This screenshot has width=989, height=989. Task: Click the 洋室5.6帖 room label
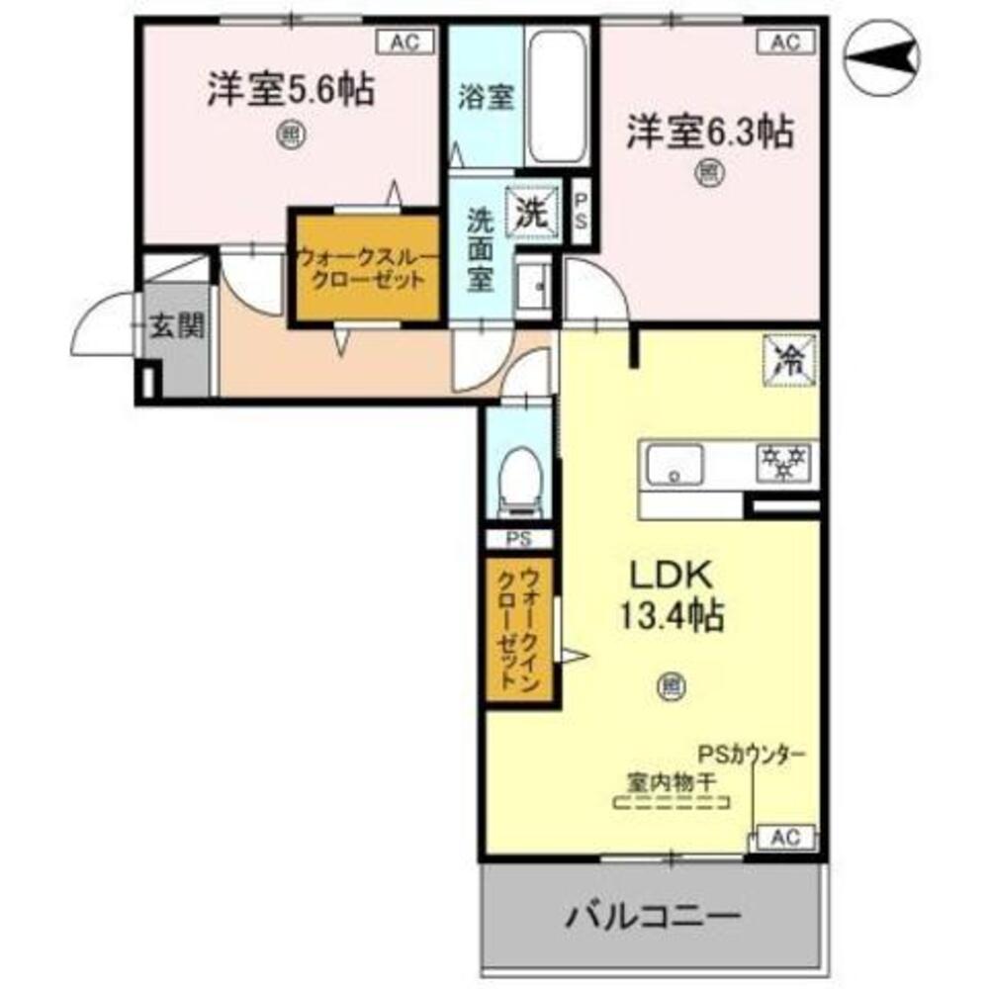pos(289,91)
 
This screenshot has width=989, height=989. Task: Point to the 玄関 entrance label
pos(176,326)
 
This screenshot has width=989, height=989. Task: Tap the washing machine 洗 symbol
pos(532,211)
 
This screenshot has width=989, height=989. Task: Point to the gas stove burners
pos(784,462)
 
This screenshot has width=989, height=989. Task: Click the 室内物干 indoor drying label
pos(672,780)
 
